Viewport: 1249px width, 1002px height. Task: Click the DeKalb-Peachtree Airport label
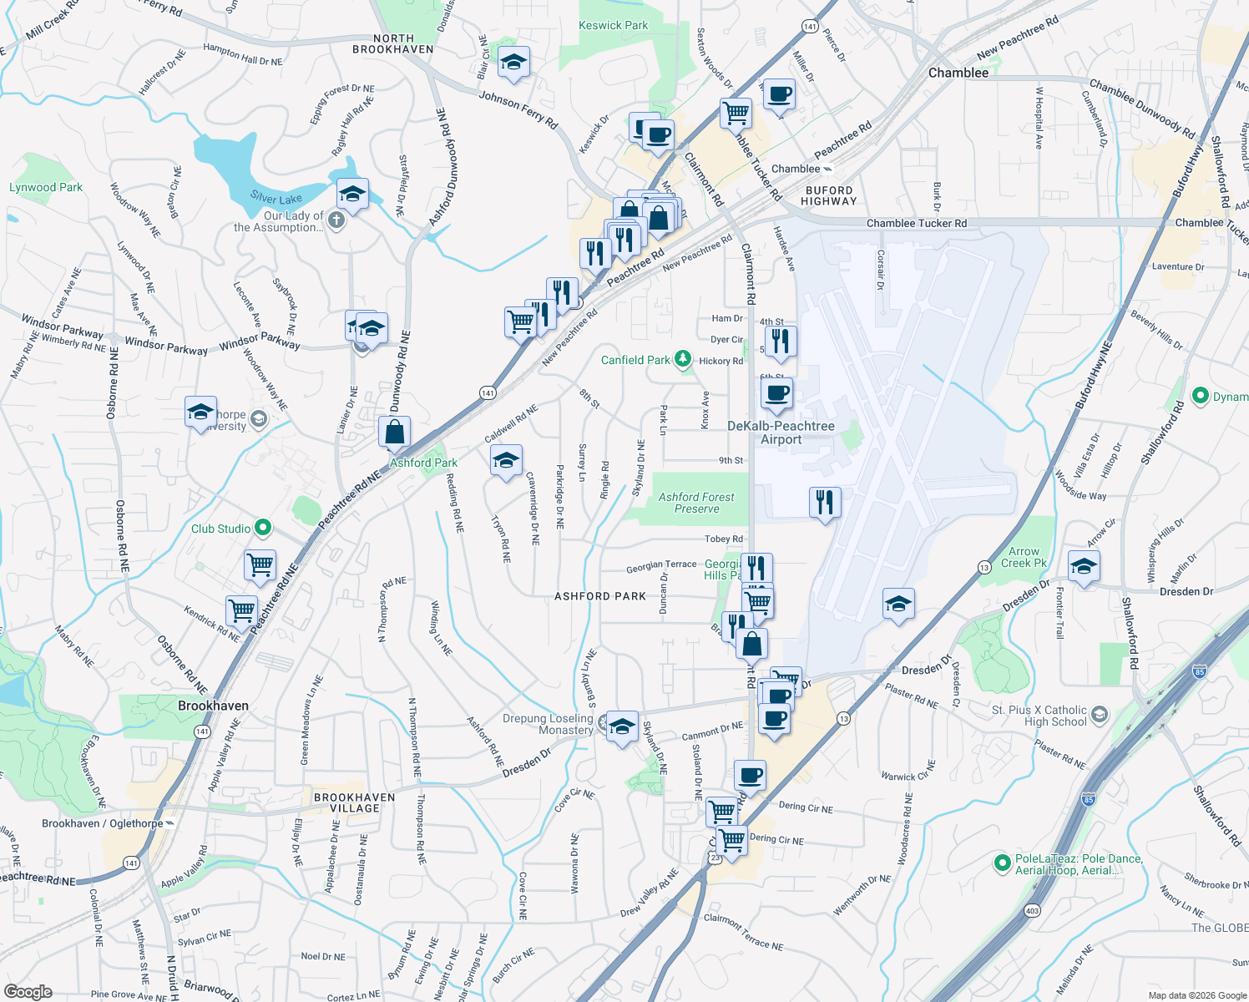coord(781,433)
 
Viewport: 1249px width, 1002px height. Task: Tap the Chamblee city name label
coord(958,73)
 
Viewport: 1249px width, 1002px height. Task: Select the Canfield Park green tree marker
coord(684,360)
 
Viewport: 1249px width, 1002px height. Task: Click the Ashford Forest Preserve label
coord(696,503)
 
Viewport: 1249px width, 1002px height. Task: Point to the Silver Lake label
coord(276,198)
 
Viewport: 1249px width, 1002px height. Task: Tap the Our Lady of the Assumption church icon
coord(336,220)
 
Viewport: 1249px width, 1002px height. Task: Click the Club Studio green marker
coord(263,528)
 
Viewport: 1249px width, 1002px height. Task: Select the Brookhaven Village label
coord(355,802)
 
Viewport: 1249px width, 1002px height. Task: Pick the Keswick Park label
coord(613,25)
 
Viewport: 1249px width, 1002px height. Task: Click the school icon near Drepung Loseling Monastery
coord(622,727)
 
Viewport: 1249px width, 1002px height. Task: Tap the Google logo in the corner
coord(28,991)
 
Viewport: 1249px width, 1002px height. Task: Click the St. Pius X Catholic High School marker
coord(1099,714)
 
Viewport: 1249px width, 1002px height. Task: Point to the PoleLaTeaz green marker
coord(1003,863)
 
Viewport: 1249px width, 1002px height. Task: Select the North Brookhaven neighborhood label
coord(393,44)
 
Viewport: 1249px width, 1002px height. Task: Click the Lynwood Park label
coord(46,187)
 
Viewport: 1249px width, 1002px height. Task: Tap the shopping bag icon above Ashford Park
coord(395,433)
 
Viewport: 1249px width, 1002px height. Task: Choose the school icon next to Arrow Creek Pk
coord(1083,567)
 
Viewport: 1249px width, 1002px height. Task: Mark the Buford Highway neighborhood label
coord(828,195)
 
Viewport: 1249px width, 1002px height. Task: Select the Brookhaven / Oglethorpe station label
coord(103,823)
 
